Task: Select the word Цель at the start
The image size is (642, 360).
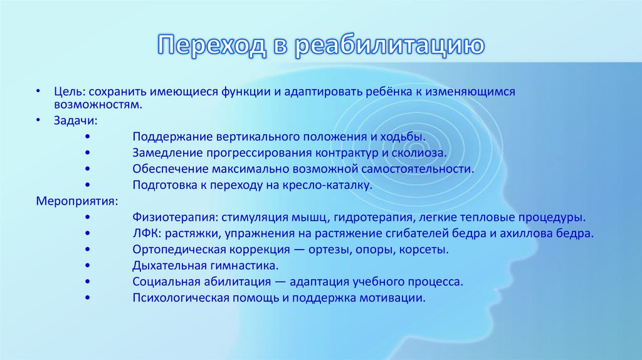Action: click(x=65, y=92)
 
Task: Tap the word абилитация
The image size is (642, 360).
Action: click(x=233, y=282)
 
